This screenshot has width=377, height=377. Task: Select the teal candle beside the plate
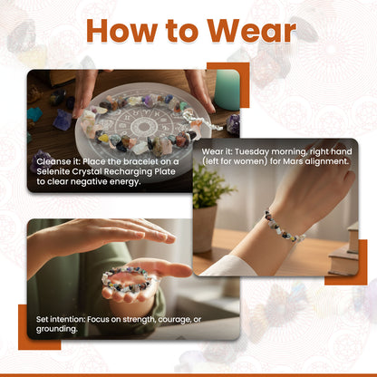tap(227, 90)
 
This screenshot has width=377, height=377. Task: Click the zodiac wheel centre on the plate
tap(142, 125)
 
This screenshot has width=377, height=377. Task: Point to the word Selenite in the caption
tap(53, 171)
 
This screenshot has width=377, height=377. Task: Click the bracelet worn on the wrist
tap(284, 227)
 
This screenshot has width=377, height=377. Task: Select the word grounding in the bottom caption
tap(57, 329)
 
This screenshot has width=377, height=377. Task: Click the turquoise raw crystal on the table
tap(34, 114)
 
